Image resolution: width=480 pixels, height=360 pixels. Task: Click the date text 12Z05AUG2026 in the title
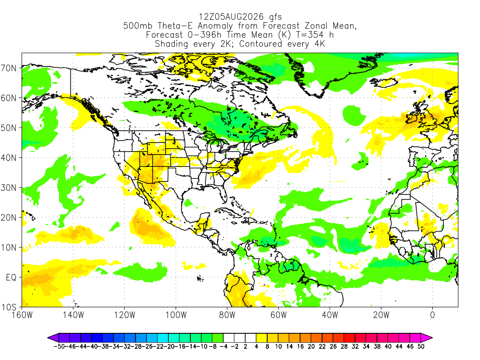[x=231, y=16]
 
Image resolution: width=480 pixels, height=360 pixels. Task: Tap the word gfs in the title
[x=276, y=17]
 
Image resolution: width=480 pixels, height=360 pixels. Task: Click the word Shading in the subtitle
[x=172, y=44]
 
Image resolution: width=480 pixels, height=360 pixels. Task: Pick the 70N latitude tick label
[x=9, y=68]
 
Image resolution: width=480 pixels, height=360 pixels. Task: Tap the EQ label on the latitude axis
[x=11, y=277]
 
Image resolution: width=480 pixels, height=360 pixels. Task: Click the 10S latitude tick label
[x=9, y=307]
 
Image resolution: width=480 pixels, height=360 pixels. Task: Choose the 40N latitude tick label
[x=9, y=158]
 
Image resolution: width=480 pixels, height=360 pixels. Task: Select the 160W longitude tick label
[x=22, y=315]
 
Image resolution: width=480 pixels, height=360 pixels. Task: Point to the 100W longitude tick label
[x=176, y=315]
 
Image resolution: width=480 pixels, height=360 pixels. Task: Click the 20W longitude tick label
[x=381, y=315]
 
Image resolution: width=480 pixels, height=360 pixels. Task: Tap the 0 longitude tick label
[x=433, y=315]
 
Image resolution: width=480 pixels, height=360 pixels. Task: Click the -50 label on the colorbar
[x=59, y=346]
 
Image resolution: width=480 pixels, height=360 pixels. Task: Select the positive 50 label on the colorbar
[x=421, y=346]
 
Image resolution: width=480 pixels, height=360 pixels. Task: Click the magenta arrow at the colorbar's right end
[x=427, y=338]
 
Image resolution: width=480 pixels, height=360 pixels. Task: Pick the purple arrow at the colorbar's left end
[x=53, y=338]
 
